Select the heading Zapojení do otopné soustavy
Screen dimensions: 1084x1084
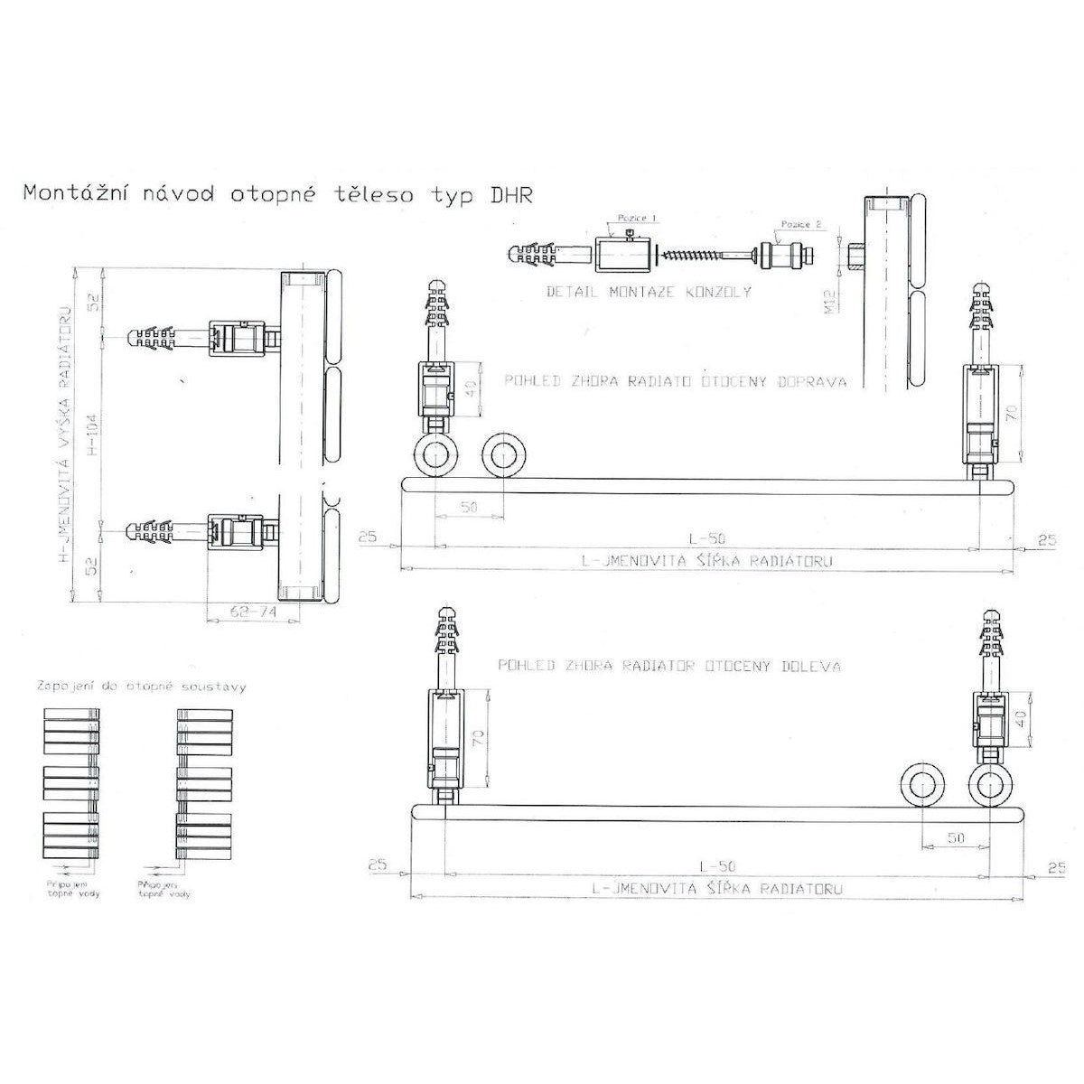coord(141,686)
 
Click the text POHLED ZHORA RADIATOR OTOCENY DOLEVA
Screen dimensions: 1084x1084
coord(668,667)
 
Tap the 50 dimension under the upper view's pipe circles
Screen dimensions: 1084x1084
coord(468,509)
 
